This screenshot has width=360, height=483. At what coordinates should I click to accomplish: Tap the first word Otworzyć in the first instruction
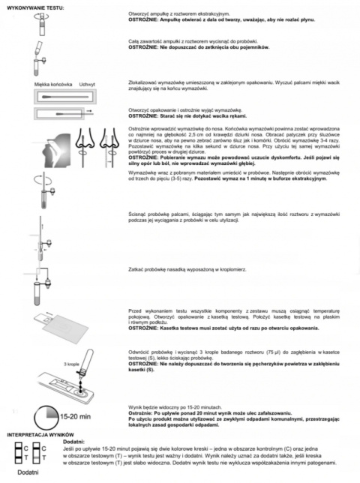click(142, 13)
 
